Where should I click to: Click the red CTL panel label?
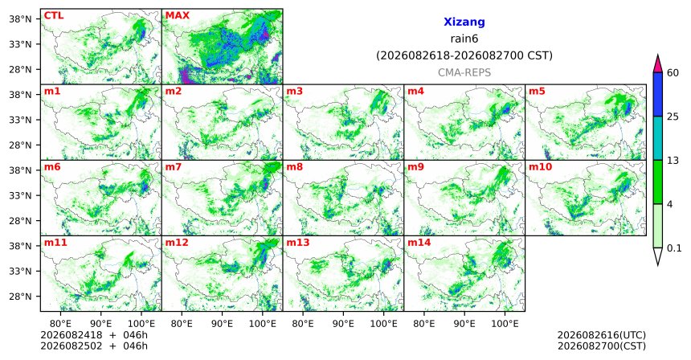click(x=54, y=15)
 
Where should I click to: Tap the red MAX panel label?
click(x=177, y=15)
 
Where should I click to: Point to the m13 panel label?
click(x=298, y=243)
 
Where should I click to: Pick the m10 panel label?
click(x=540, y=167)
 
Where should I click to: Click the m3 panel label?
click(x=294, y=92)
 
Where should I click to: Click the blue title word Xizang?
click(x=464, y=22)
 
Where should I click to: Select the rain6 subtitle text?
click(x=464, y=39)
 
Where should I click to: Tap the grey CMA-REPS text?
click(x=464, y=72)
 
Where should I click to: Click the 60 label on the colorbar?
click(x=673, y=72)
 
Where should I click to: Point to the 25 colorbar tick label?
click(x=673, y=117)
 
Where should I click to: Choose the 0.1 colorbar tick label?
click(x=674, y=248)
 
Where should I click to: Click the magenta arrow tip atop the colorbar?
click(x=658, y=56)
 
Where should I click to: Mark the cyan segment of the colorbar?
click(x=658, y=138)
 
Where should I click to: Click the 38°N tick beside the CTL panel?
click(x=20, y=19)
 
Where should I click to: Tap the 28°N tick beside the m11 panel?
click(x=20, y=297)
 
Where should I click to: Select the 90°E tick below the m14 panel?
click(x=464, y=324)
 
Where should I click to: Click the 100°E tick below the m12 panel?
click(x=262, y=324)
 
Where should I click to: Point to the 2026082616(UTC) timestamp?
click(x=602, y=335)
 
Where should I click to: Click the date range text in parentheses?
click(x=464, y=56)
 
